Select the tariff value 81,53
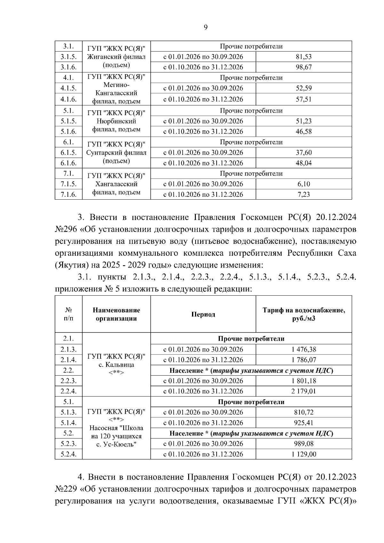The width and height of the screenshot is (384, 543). pos(303,57)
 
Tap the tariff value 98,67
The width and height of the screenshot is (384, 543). pos(303,67)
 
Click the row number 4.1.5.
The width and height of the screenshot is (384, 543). pos(68,88)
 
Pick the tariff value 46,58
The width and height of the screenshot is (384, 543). pos(303,132)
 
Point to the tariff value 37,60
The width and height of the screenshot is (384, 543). pos(303,153)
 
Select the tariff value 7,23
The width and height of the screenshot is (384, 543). pos(303,195)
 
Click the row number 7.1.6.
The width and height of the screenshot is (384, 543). pos(68,195)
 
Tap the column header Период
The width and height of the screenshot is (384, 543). pos(203,314)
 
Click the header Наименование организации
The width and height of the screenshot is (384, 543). pos(116,314)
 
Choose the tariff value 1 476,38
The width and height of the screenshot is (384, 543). pos(303,349)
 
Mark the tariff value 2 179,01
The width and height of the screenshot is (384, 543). pos(303,391)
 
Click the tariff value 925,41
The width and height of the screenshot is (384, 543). pos(303,423)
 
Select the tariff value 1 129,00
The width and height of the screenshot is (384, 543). pos(303,454)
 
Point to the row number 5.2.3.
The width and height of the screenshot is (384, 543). pos(68,443)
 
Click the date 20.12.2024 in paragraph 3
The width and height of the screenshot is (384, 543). pos(336,218)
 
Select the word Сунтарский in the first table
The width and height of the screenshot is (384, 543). pos(103,153)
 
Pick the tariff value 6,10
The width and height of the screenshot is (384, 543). pos(303,184)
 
